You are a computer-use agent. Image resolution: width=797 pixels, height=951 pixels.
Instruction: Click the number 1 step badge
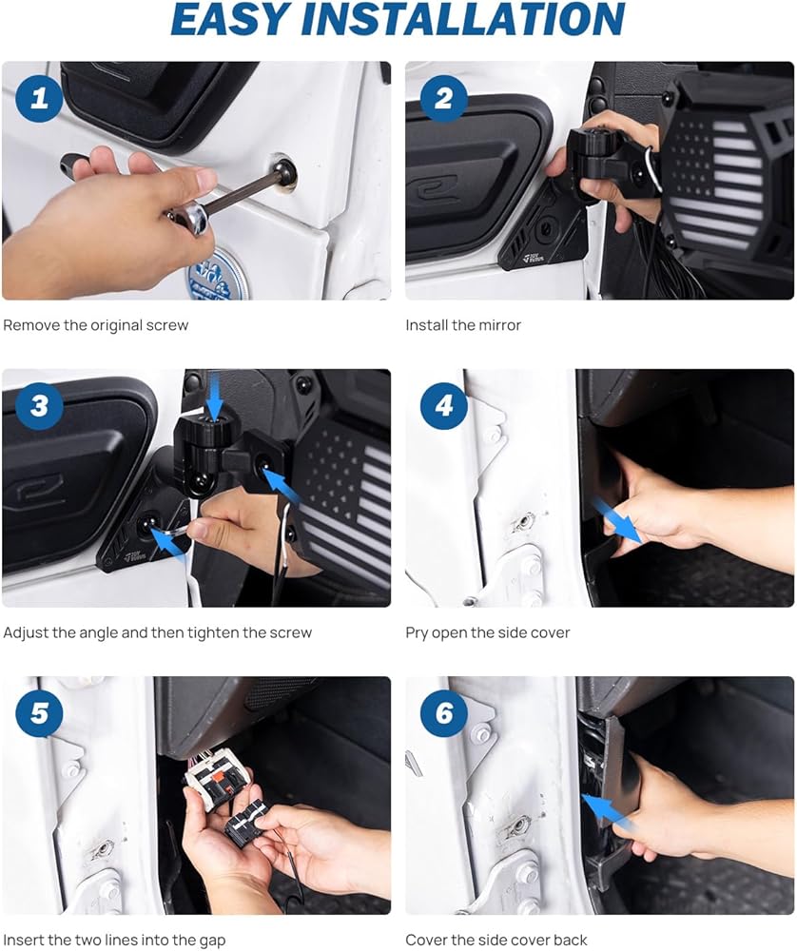(39, 98)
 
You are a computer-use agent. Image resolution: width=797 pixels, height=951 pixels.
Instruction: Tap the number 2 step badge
(444, 98)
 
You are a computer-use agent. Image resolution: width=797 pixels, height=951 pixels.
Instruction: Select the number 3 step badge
(39, 406)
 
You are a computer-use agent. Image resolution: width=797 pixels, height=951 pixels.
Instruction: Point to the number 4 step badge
(444, 406)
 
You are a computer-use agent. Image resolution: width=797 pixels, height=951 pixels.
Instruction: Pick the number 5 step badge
(39, 713)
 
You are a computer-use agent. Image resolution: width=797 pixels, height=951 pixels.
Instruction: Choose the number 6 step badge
(444, 713)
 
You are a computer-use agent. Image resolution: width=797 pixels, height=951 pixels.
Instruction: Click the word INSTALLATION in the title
(463, 19)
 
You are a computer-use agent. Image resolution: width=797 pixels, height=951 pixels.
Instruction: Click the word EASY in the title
(230, 19)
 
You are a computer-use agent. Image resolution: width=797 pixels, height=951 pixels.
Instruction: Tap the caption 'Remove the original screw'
(96, 325)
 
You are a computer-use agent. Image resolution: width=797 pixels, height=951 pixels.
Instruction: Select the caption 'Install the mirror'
(463, 325)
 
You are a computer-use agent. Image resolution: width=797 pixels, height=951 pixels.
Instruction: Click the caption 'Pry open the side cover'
(488, 632)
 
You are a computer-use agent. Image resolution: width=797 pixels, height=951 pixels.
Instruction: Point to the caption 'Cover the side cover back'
(496, 941)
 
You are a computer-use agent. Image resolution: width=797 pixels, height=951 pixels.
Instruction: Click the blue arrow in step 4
(616, 521)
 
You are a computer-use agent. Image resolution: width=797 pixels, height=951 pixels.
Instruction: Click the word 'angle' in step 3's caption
(98, 633)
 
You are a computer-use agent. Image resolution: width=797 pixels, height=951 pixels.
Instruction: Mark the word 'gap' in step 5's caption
(212, 941)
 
